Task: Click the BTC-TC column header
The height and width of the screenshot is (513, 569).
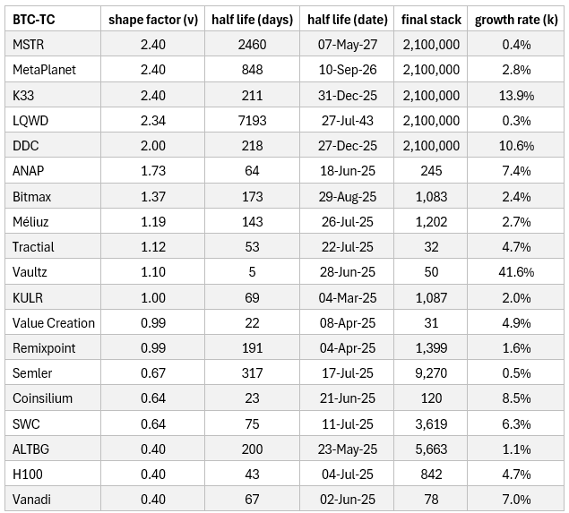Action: (x=34, y=19)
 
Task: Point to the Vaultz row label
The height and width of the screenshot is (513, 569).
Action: (x=31, y=271)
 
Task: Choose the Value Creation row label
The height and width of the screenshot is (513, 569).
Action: (x=54, y=322)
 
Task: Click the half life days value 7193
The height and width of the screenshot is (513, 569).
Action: (x=253, y=120)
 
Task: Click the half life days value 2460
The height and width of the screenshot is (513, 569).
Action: (x=253, y=44)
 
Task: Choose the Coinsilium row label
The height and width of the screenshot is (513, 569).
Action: (x=43, y=398)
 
